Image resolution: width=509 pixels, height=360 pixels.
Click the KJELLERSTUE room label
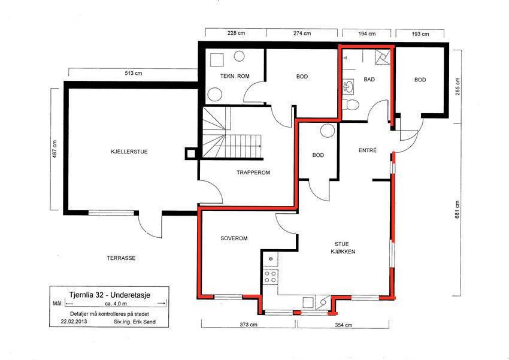[x=129, y=152]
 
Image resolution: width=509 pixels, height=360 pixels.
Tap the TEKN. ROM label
[x=235, y=76]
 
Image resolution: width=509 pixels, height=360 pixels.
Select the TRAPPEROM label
[x=253, y=173]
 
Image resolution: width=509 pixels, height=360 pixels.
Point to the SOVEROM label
[x=234, y=238]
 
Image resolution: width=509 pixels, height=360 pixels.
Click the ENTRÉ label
[x=368, y=150]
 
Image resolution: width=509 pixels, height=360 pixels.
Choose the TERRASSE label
[x=121, y=258]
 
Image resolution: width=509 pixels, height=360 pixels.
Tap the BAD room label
[x=369, y=79]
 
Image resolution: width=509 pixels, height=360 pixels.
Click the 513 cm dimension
[x=134, y=73]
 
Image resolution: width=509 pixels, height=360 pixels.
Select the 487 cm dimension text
[x=54, y=149]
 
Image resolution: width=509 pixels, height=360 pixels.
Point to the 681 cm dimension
[x=457, y=210]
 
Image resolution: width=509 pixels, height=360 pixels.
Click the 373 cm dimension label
[x=249, y=324]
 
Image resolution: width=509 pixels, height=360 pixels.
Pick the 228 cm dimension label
[x=236, y=33]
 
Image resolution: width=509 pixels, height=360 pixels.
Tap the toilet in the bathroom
[x=351, y=105]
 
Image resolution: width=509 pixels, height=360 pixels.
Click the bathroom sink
[x=349, y=86]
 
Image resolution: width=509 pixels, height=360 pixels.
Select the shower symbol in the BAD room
[x=382, y=57]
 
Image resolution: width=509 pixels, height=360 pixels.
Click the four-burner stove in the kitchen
[x=270, y=277]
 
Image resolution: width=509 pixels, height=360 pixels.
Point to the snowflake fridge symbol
[x=271, y=259]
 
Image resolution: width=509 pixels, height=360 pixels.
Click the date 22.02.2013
[x=74, y=322]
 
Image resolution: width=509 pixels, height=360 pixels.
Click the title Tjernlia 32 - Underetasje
[x=110, y=295]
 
